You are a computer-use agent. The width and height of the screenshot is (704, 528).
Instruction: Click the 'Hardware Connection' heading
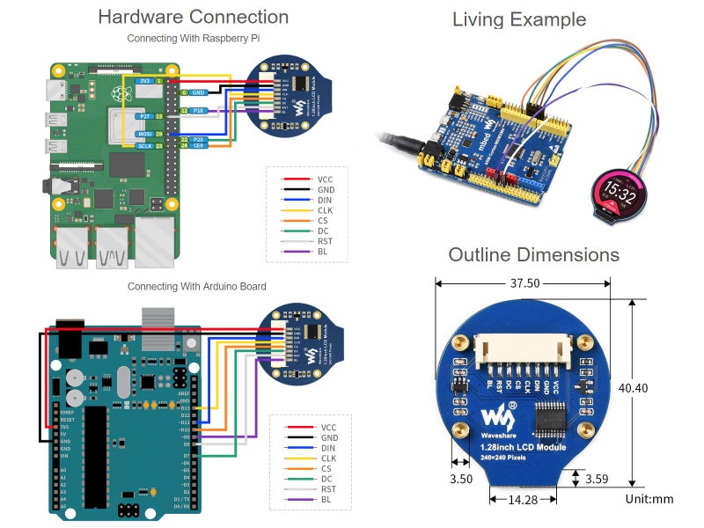point(193,17)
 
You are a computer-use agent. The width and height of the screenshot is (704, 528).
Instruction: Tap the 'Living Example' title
point(519,19)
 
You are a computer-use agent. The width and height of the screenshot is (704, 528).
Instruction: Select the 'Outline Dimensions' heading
point(533,255)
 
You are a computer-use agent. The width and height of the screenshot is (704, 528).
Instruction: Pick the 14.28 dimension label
point(524,499)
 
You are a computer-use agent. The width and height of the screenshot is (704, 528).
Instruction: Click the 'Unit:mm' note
point(649,499)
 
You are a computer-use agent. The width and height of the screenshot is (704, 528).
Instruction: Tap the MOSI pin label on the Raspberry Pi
point(145,133)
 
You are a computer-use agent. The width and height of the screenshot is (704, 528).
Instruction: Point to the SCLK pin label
point(145,146)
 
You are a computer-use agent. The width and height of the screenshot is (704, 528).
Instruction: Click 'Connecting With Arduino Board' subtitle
point(196,287)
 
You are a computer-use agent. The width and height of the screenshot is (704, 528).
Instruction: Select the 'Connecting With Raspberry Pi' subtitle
point(193,39)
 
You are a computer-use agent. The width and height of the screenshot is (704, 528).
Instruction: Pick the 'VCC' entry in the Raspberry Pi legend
point(326,179)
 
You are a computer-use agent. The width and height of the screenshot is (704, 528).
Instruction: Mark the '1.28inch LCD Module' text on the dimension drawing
point(524,448)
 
